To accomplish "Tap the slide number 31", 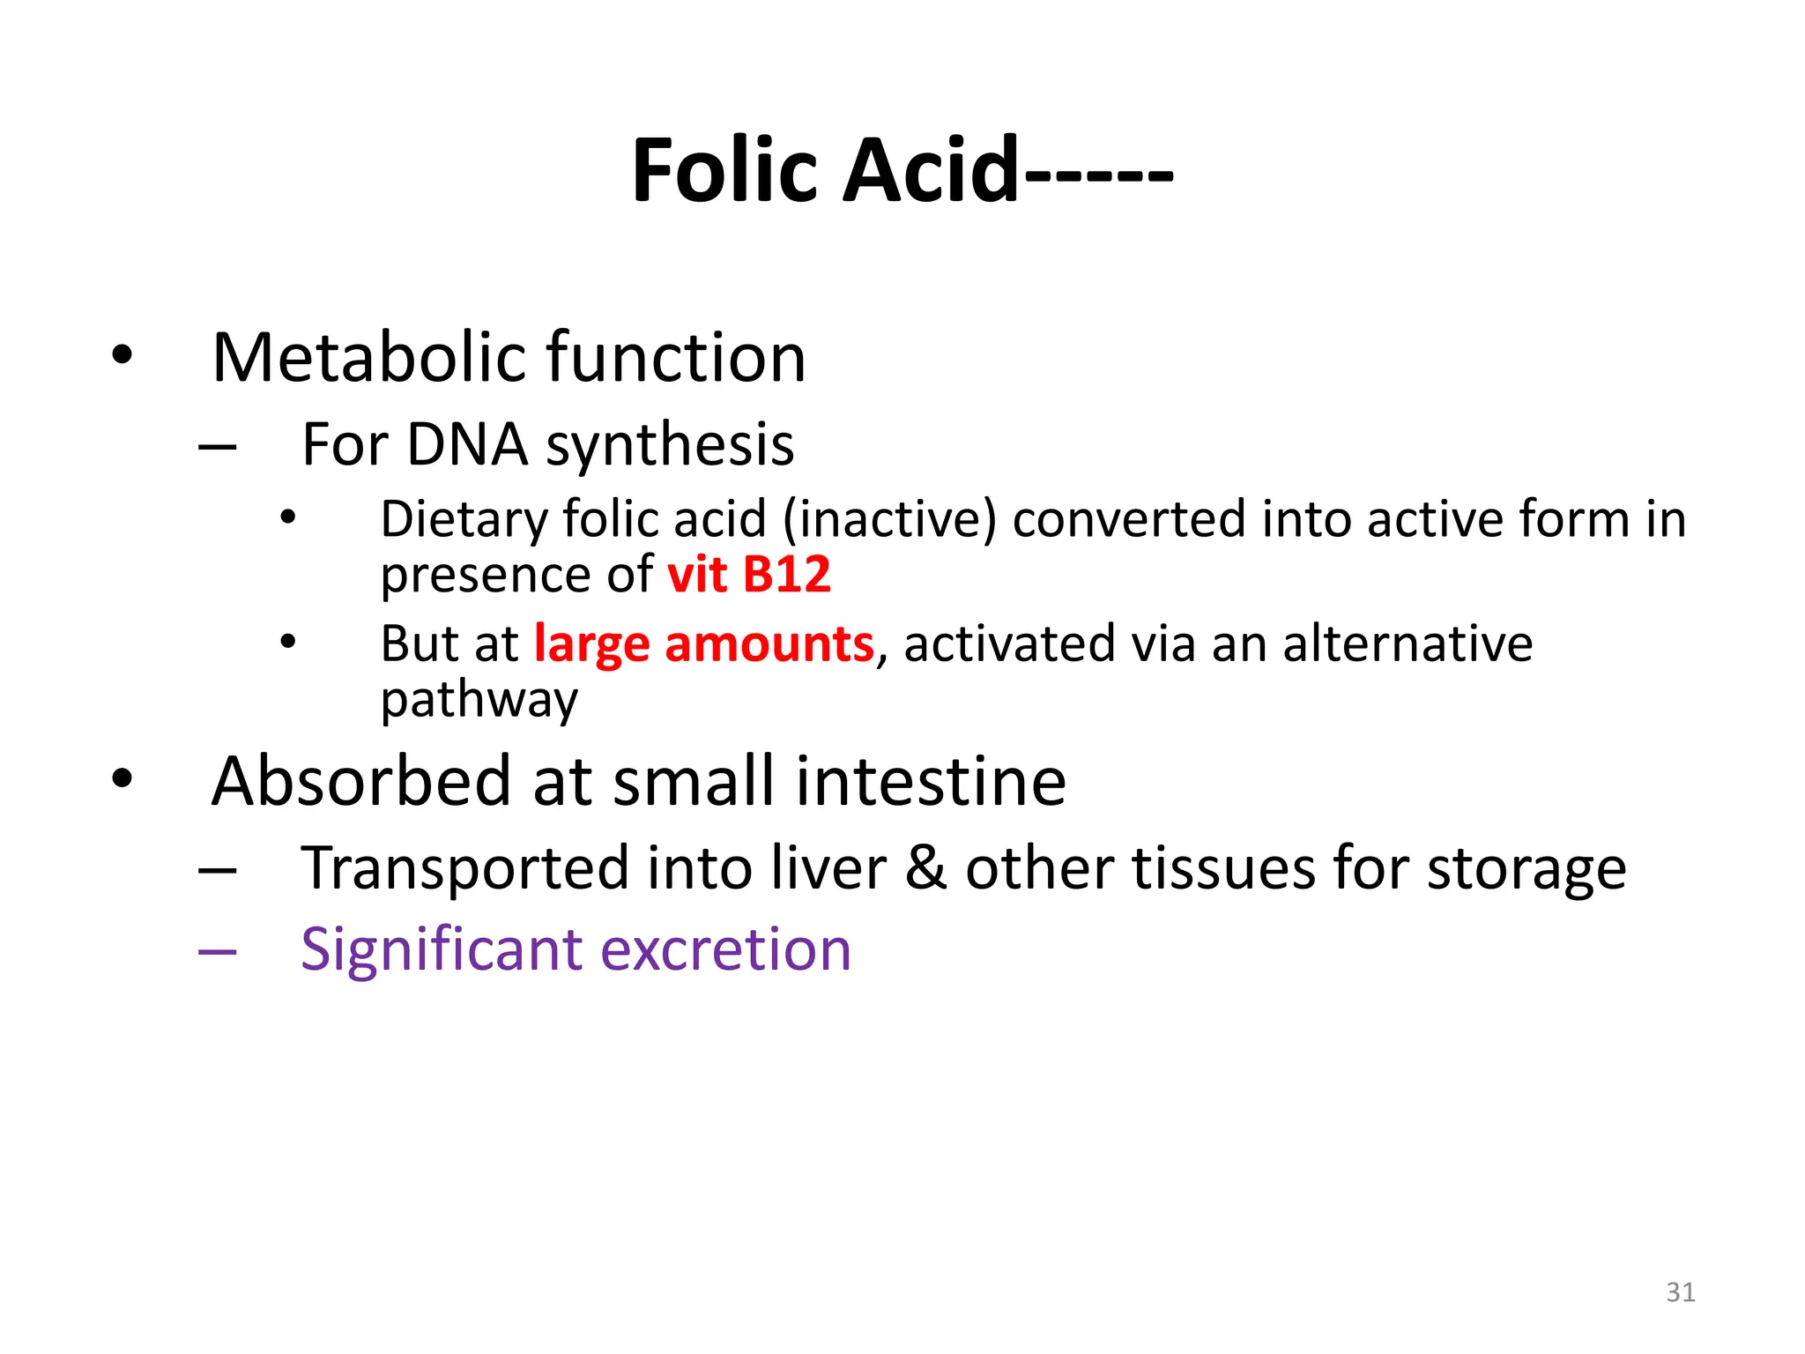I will coord(1680,1292).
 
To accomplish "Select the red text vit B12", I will coord(749,575).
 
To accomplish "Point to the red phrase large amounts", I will coord(703,644).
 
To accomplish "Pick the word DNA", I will coord(467,444).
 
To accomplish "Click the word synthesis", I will coord(670,446).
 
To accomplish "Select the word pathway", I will coord(479,702).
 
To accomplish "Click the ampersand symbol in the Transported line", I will coord(925,868).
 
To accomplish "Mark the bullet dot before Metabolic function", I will coord(122,355).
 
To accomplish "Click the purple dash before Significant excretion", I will coord(217,952).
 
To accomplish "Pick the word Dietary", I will coord(464,520).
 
